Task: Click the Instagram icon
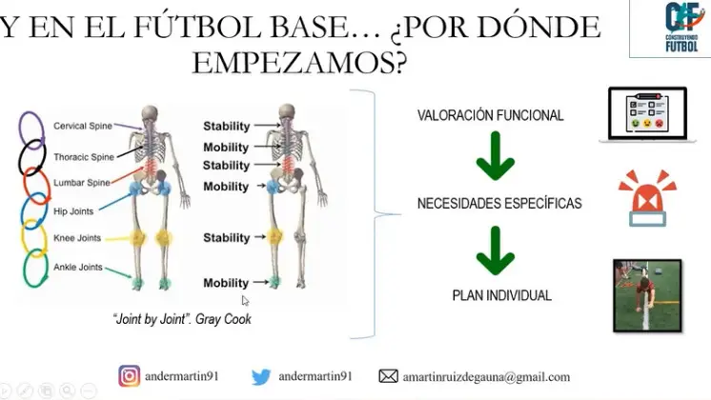click(130, 376)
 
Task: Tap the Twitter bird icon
click(261, 376)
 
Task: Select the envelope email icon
click(389, 376)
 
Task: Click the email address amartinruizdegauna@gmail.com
click(486, 377)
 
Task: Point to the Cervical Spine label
click(83, 126)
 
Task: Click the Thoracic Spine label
click(84, 157)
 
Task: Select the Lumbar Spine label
click(82, 183)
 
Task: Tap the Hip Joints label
click(73, 211)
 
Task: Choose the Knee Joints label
click(77, 238)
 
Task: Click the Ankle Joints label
click(78, 267)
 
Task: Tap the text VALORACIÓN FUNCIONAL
click(490, 115)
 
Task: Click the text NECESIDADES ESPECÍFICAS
click(499, 203)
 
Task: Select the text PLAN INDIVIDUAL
click(502, 295)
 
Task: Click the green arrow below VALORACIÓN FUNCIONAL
click(496, 155)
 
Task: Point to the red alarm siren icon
click(647, 198)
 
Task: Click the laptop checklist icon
click(647, 114)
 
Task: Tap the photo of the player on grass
click(647, 296)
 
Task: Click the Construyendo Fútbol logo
click(681, 27)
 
